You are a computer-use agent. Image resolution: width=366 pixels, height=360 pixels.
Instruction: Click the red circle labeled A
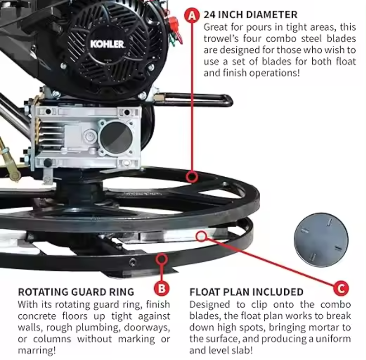pyautogui.click(x=192, y=15)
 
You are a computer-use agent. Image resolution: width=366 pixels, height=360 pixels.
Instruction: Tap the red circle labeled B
pyautogui.click(x=161, y=288)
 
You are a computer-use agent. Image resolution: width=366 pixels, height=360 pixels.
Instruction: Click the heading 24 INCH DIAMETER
pyautogui.click(x=250, y=15)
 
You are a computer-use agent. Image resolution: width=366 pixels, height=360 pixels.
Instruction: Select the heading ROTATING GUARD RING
pyautogui.click(x=75, y=292)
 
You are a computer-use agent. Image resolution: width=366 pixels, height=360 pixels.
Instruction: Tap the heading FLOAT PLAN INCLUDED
pyautogui.click(x=246, y=292)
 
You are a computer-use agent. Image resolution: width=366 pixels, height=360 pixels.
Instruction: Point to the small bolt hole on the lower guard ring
pyautogui.click(x=132, y=262)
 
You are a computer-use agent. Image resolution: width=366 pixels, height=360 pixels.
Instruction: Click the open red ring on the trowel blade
pyautogui.click(x=202, y=235)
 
